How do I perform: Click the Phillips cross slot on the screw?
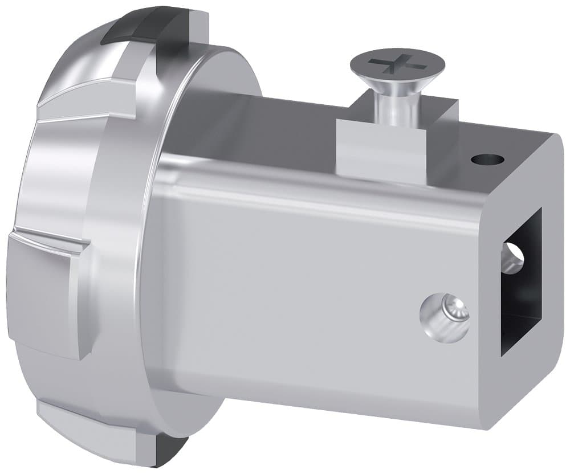point(396,62)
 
